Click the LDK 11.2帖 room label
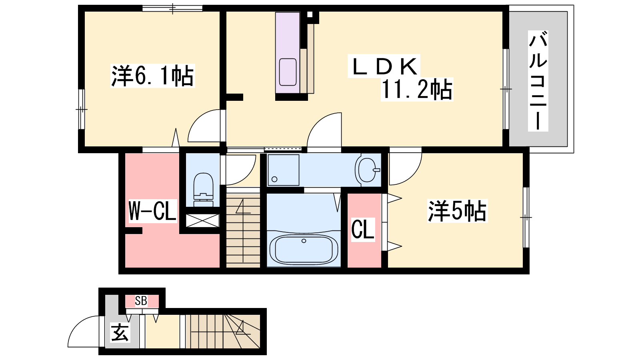[x=400, y=78]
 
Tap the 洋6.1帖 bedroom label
[x=152, y=76]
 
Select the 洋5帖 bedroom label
[x=457, y=212]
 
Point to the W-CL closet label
[x=152, y=211]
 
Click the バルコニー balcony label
[x=538, y=81]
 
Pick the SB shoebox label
[x=141, y=301]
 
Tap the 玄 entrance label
[x=120, y=332]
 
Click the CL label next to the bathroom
[x=363, y=229]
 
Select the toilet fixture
[x=203, y=190]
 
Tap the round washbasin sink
[x=368, y=170]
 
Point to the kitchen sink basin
[x=288, y=72]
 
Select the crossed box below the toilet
[x=202, y=220]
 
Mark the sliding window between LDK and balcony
[x=506, y=89]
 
